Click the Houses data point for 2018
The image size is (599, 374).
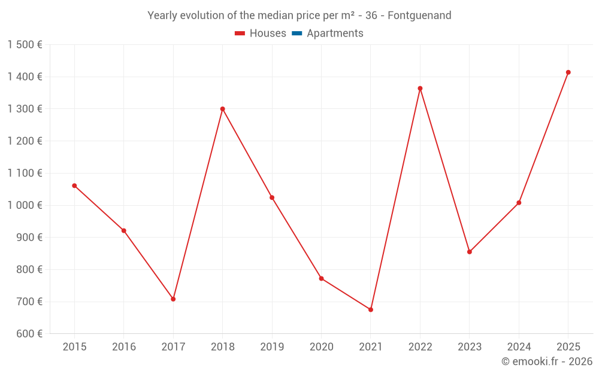tap(222, 109)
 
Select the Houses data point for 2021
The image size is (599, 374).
tap(371, 309)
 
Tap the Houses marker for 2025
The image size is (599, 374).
tap(568, 72)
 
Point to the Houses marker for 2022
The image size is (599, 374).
tap(420, 89)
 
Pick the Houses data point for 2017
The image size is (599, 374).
tap(173, 299)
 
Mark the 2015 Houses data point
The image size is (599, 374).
tap(74, 186)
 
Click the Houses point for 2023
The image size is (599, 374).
tap(470, 252)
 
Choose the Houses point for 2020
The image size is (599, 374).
tap(321, 278)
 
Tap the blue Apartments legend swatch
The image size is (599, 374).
tap(297, 34)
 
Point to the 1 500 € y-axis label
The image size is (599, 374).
tap(25, 45)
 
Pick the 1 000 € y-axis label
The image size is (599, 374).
tap(25, 205)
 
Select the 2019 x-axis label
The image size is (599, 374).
tap(272, 346)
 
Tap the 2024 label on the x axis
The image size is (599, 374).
tap(519, 346)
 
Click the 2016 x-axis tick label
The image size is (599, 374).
tap(124, 346)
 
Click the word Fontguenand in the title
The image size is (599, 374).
tap(419, 16)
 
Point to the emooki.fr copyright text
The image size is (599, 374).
tap(547, 361)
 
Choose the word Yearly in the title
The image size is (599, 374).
tap(163, 16)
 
